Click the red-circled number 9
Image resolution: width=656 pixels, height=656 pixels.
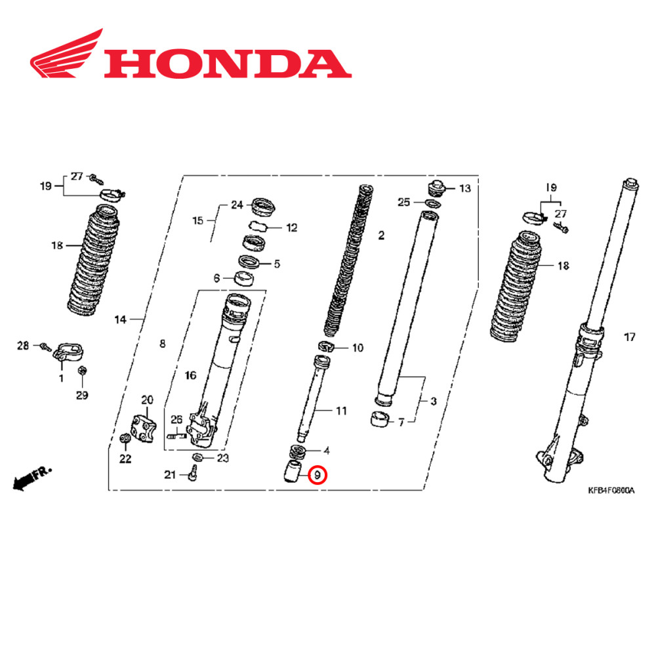coord(317,474)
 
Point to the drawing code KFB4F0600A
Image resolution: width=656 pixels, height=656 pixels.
coord(611,490)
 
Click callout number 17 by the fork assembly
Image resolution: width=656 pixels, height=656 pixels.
coord(630,338)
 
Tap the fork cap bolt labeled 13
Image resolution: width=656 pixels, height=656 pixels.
coord(437,188)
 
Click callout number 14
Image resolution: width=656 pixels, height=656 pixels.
coord(120,320)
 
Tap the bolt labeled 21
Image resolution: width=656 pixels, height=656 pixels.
coord(194,472)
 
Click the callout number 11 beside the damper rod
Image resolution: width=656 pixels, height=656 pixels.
coord(341,411)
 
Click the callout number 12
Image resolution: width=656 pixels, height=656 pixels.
coord(291,228)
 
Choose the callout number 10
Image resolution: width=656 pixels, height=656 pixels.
coord(358,348)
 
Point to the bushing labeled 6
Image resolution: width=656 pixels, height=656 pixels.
coord(244,279)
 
